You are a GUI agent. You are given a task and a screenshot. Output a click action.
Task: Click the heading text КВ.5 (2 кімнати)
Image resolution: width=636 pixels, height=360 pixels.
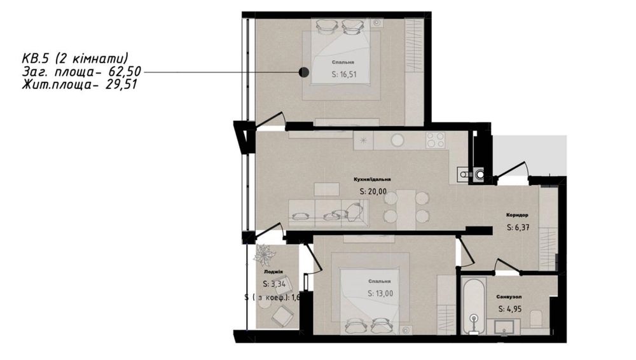[74, 59]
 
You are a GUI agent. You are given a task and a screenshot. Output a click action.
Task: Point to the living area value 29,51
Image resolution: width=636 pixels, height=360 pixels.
[121, 83]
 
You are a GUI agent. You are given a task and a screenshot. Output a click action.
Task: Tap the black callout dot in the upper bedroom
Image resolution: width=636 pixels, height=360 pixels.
[305, 72]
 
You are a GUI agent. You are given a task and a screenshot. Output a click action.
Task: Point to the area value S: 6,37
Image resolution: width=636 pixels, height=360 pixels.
[518, 227]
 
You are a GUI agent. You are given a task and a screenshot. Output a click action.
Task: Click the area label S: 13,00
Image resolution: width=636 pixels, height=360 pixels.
[378, 293]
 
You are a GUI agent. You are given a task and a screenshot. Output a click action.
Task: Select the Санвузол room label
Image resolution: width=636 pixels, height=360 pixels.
[509, 297]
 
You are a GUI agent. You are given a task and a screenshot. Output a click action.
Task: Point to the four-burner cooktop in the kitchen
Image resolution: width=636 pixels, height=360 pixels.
[435, 139]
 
